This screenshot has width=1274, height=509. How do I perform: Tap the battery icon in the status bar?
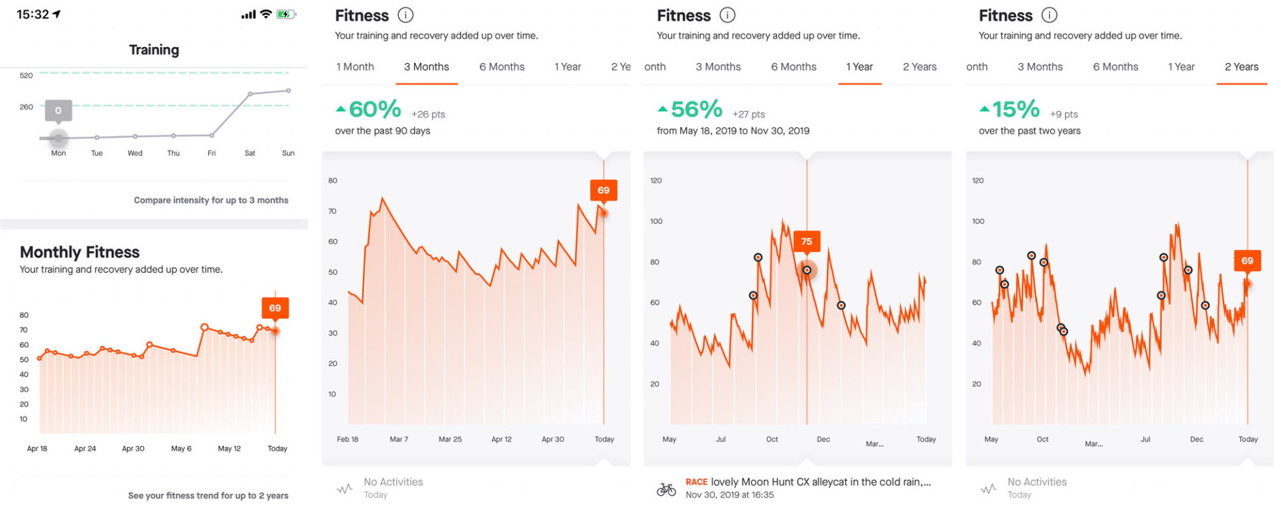point(285,15)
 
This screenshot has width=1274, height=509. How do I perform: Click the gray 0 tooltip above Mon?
point(58,111)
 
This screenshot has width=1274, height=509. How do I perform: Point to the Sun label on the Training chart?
point(288,153)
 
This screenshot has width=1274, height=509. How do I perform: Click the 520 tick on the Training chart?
point(26,76)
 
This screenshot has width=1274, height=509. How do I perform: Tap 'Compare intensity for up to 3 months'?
point(211,200)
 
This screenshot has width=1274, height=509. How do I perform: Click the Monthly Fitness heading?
point(80,252)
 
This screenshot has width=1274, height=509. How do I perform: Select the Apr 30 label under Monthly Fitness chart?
point(133,449)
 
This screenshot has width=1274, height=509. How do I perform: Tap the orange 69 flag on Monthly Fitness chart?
point(275,308)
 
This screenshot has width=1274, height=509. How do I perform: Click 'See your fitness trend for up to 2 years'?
point(208,496)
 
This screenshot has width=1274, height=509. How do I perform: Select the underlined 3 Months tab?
point(426,67)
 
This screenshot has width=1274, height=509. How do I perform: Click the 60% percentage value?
point(374,109)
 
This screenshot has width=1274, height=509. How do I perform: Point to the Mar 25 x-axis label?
point(450,439)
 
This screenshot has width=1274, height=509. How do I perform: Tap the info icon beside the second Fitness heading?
point(727,15)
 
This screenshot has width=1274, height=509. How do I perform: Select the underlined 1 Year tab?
point(859,67)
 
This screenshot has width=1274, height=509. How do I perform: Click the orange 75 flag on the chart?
point(806,241)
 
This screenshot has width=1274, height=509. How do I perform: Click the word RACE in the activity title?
point(696,482)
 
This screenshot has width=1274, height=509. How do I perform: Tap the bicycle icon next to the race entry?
point(666,489)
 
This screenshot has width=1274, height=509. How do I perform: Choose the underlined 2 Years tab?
point(1241,67)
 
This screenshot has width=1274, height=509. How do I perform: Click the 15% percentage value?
point(1015,109)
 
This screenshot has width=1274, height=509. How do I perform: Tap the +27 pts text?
point(748,115)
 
